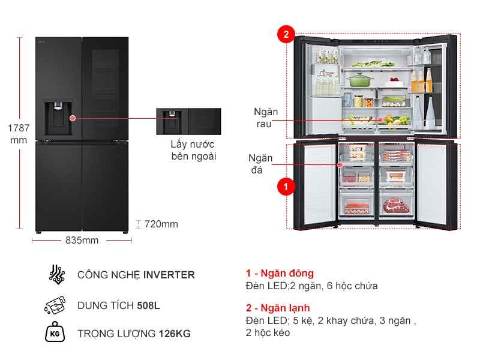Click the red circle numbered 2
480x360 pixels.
click(x=286, y=35)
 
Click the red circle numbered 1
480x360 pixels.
click(x=286, y=187)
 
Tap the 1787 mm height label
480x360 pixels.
click(x=19, y=134)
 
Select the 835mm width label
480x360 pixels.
click(x=82, y=241)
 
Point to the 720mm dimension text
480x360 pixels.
click(x=161, y=224)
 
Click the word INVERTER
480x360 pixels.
click(x=169, y=275)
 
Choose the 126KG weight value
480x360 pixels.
click(x=175, y=334)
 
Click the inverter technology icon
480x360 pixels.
click(x=56, y=274)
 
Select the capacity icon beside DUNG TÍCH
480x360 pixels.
click(x=55, y=305)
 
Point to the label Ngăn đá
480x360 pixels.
click(x=261, y=164)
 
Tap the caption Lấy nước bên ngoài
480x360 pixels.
click(x=193, y=150)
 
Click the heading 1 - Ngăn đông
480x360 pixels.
click(x=280, y=274)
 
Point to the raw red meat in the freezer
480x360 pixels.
click(x=395, y=206)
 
